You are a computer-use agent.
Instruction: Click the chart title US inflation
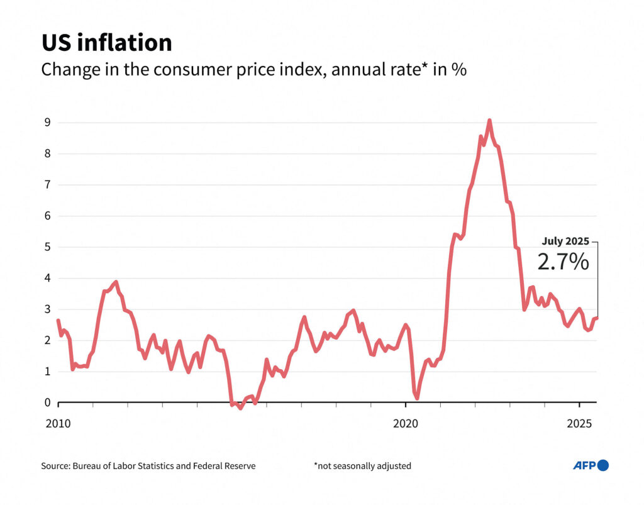point(106,43)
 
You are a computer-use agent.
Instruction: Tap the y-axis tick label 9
point(47,123)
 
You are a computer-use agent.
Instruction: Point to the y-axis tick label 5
point(47,247)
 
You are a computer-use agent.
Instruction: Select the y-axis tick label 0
point(47,402)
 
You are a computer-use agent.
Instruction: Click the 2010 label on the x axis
point(58,423)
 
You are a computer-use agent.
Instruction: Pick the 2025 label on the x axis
point(579,423)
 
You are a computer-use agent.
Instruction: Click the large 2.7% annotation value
point(563,262)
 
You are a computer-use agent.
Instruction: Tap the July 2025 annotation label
point(565,241)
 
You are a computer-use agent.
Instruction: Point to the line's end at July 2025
point(596,318)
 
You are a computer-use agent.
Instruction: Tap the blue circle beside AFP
point(603,465)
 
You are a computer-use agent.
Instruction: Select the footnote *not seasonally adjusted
point(362,466)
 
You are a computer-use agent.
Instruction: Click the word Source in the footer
point(55,466)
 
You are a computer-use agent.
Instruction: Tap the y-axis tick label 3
point(47,309)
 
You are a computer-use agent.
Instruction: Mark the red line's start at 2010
point(58,321)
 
